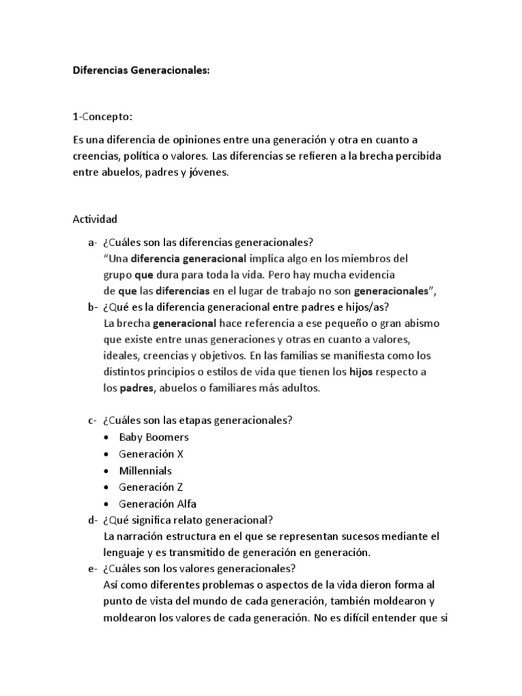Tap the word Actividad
pos(94,219)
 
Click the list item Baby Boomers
pos(154,437)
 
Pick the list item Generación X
pos(151,454)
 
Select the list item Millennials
pos(145,470)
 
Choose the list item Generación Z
pos(151,487)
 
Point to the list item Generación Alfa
pos(158,504)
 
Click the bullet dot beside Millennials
pos(106,471)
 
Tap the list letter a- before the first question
pos(92,243)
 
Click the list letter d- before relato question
pos(92,521)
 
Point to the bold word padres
pos(137,388)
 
